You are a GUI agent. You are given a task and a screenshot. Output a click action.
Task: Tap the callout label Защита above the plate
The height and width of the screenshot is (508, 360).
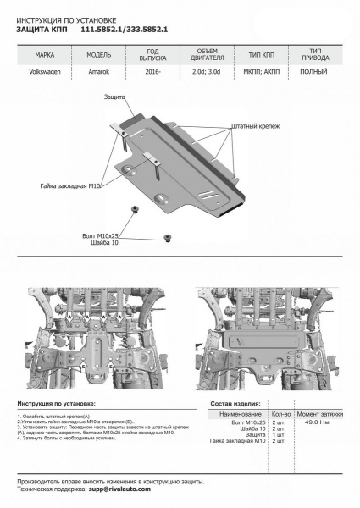click(117, 97)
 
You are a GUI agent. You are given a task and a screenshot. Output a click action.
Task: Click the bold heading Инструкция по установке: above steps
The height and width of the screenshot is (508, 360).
click(56, 405)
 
